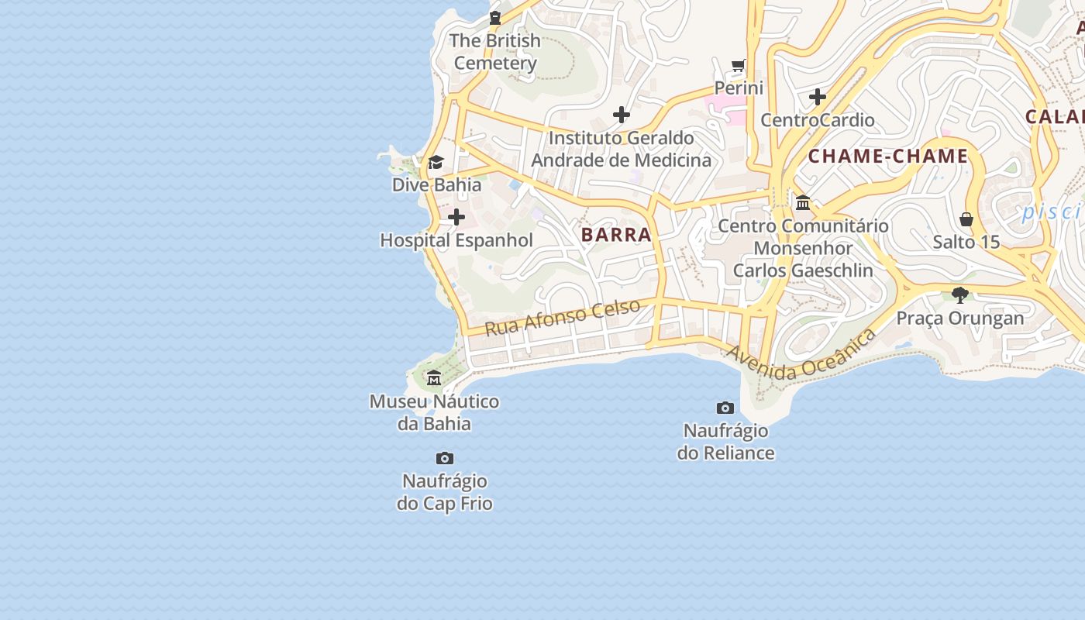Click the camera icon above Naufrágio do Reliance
(725, 408)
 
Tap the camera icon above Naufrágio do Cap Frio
(444, 458)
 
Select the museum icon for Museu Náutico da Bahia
(434, 378)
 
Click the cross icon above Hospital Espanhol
(456, 217)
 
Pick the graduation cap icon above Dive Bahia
(436, 162)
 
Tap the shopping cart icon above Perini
(739, 65)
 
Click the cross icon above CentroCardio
(817, 97)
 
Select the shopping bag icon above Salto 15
(966, 219)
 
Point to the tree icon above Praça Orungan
(960, 295)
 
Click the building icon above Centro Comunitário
(803, 203)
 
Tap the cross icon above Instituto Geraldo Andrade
(621, 115)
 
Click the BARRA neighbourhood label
(616, 235)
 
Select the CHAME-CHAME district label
(888, 156)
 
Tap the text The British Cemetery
(495, 52)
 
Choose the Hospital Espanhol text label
(456, 240)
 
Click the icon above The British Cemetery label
(495, 17)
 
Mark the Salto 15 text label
(966, 242)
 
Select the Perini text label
(739, 88)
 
